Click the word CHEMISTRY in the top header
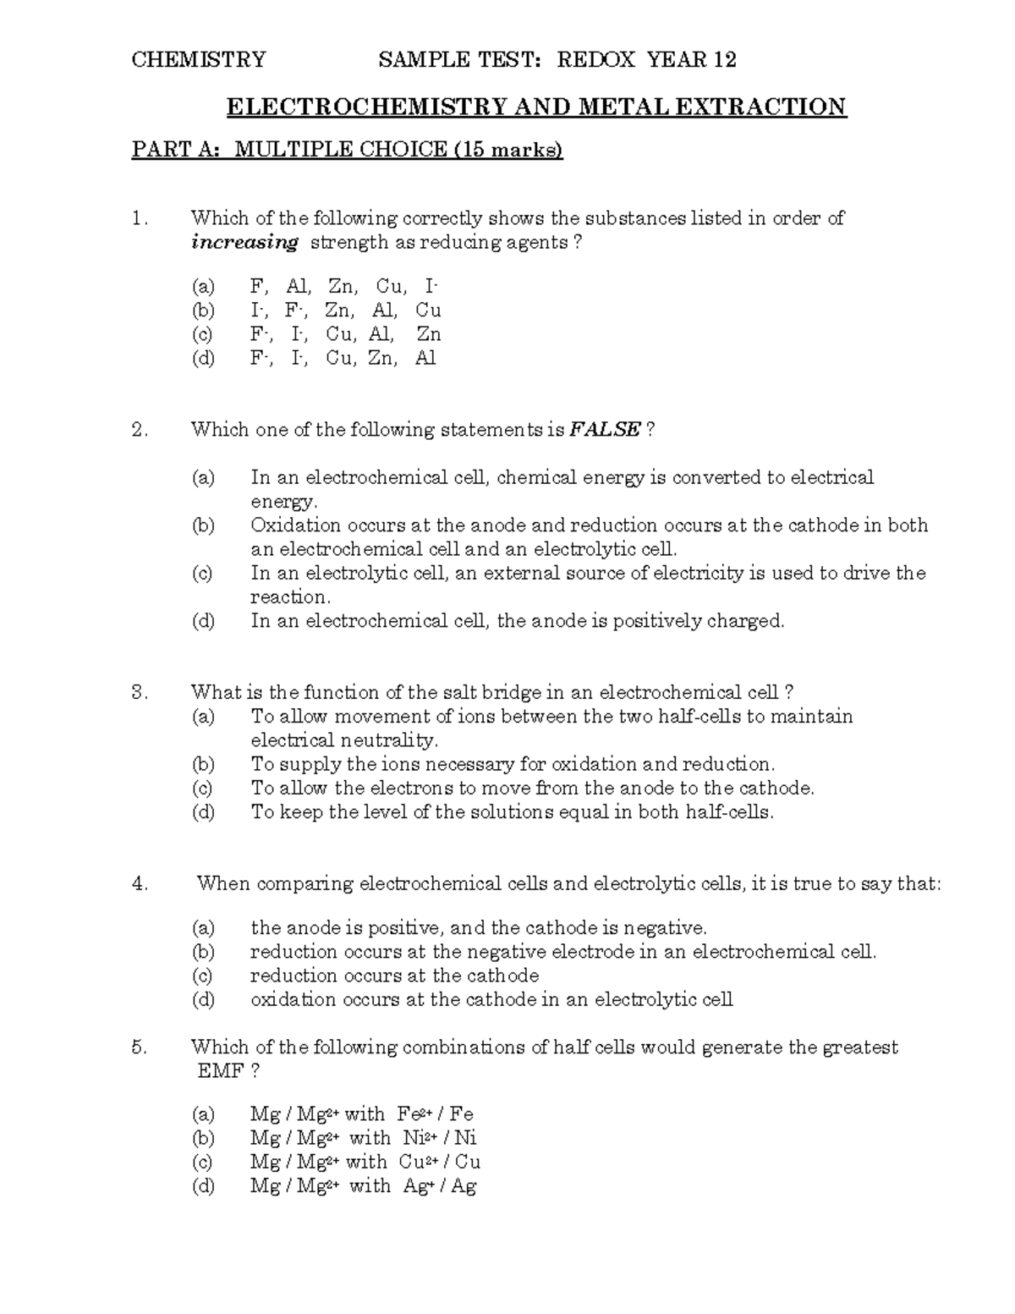198,59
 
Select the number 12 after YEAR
724,59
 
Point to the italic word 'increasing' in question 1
244,243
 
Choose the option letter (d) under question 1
203,358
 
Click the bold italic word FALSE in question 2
605,430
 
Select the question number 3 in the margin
140,693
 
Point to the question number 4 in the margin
140,884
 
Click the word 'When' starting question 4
223,884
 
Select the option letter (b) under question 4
203,952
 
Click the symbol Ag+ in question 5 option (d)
417,1186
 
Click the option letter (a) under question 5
203,1114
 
